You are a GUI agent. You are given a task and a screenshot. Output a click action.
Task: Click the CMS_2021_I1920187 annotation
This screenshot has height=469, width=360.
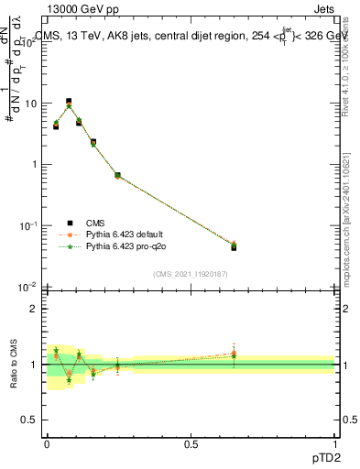190,273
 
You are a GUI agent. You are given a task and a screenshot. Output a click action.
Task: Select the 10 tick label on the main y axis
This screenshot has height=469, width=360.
30,104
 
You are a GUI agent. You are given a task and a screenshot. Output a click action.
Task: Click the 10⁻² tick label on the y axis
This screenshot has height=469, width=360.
29,287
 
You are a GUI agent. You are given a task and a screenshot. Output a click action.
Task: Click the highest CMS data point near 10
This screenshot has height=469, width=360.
69,102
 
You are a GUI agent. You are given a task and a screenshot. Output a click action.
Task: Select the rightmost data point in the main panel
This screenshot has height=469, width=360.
234,246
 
